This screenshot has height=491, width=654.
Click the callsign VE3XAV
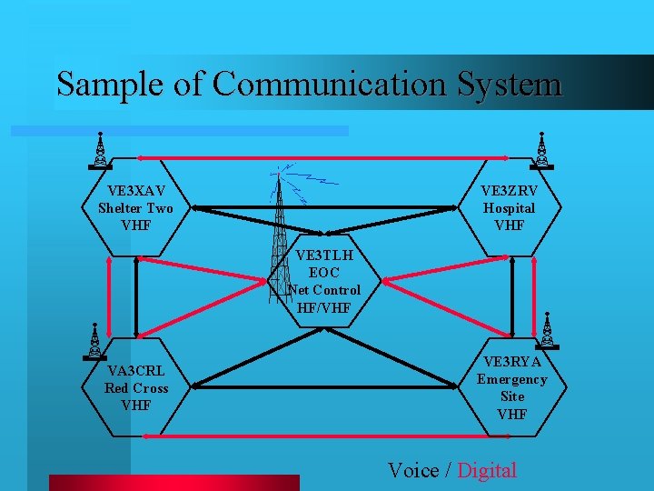pos(135,191)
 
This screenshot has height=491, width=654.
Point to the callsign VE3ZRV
pos(509,191)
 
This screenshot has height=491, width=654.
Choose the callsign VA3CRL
pos(136,371)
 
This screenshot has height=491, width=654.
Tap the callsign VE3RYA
pos(511,362)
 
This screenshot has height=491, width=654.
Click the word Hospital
pos(509,208)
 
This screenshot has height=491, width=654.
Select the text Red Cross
pos(136,388)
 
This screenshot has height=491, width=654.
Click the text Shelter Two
pos(135,208)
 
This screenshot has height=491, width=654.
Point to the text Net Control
pos(324,290)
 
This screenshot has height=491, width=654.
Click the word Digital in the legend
pos(487,470)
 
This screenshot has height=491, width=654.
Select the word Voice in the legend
pos(413,470)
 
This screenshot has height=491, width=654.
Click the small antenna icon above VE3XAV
pos(100,151)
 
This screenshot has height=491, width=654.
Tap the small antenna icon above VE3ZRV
pos(541,151)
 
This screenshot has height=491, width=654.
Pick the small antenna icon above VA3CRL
pos(94,341)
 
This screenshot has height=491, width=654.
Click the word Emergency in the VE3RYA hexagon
pos(511,379)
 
